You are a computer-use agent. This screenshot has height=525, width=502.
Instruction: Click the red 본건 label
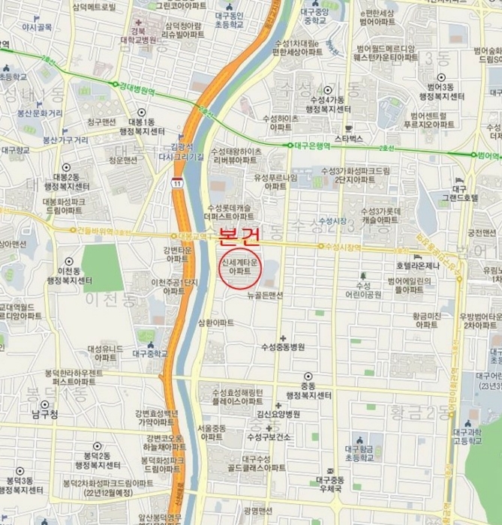click(x=239, y=239)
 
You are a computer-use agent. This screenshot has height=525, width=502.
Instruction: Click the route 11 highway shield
click(x=176, y=183)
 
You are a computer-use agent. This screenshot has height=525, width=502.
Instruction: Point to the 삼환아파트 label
click(x=216, y=322)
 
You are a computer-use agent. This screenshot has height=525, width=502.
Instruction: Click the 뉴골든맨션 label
click(x=265, y=295)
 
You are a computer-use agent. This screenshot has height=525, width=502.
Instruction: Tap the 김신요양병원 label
click(x=278, y=413)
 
